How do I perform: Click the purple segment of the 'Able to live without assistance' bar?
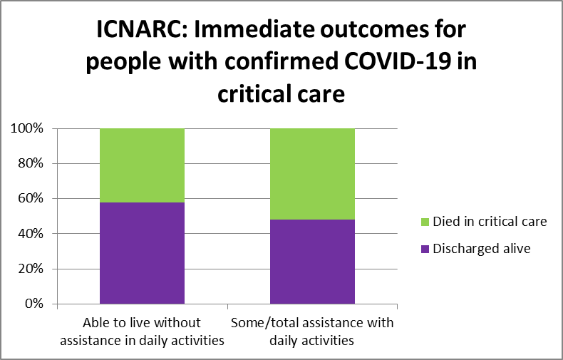pyautogui.click(x=142, y=253)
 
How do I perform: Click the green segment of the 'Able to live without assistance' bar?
pyautogui.click(x=142, y=165)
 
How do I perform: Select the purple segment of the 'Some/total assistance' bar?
pyautogui.click(x=312, y=262)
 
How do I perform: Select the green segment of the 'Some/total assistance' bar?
pyautogui.click(x=312, y=174)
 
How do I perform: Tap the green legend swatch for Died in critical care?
pyautogui.click(x=425, y=222)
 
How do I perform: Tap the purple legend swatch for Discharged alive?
pyautogui.click(x=425, y=249)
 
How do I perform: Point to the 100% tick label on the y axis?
pyautogui.click(x=27, y=129)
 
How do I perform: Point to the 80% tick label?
pyautogui.click(x=30, y=164)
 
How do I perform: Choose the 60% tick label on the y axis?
pyautogui.click(x=30, y=199)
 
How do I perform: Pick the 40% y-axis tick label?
pyautogui.click(x=30, y=234)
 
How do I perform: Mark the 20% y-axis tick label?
pyautogui.click(x=30, y=269)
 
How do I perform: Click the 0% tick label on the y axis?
pyautogui.click(x=33, y=304)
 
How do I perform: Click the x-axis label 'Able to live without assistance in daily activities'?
pyautogui.click(x=142, y=331)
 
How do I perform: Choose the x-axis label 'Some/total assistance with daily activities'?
pyautogui.click(x=312, y=331)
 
